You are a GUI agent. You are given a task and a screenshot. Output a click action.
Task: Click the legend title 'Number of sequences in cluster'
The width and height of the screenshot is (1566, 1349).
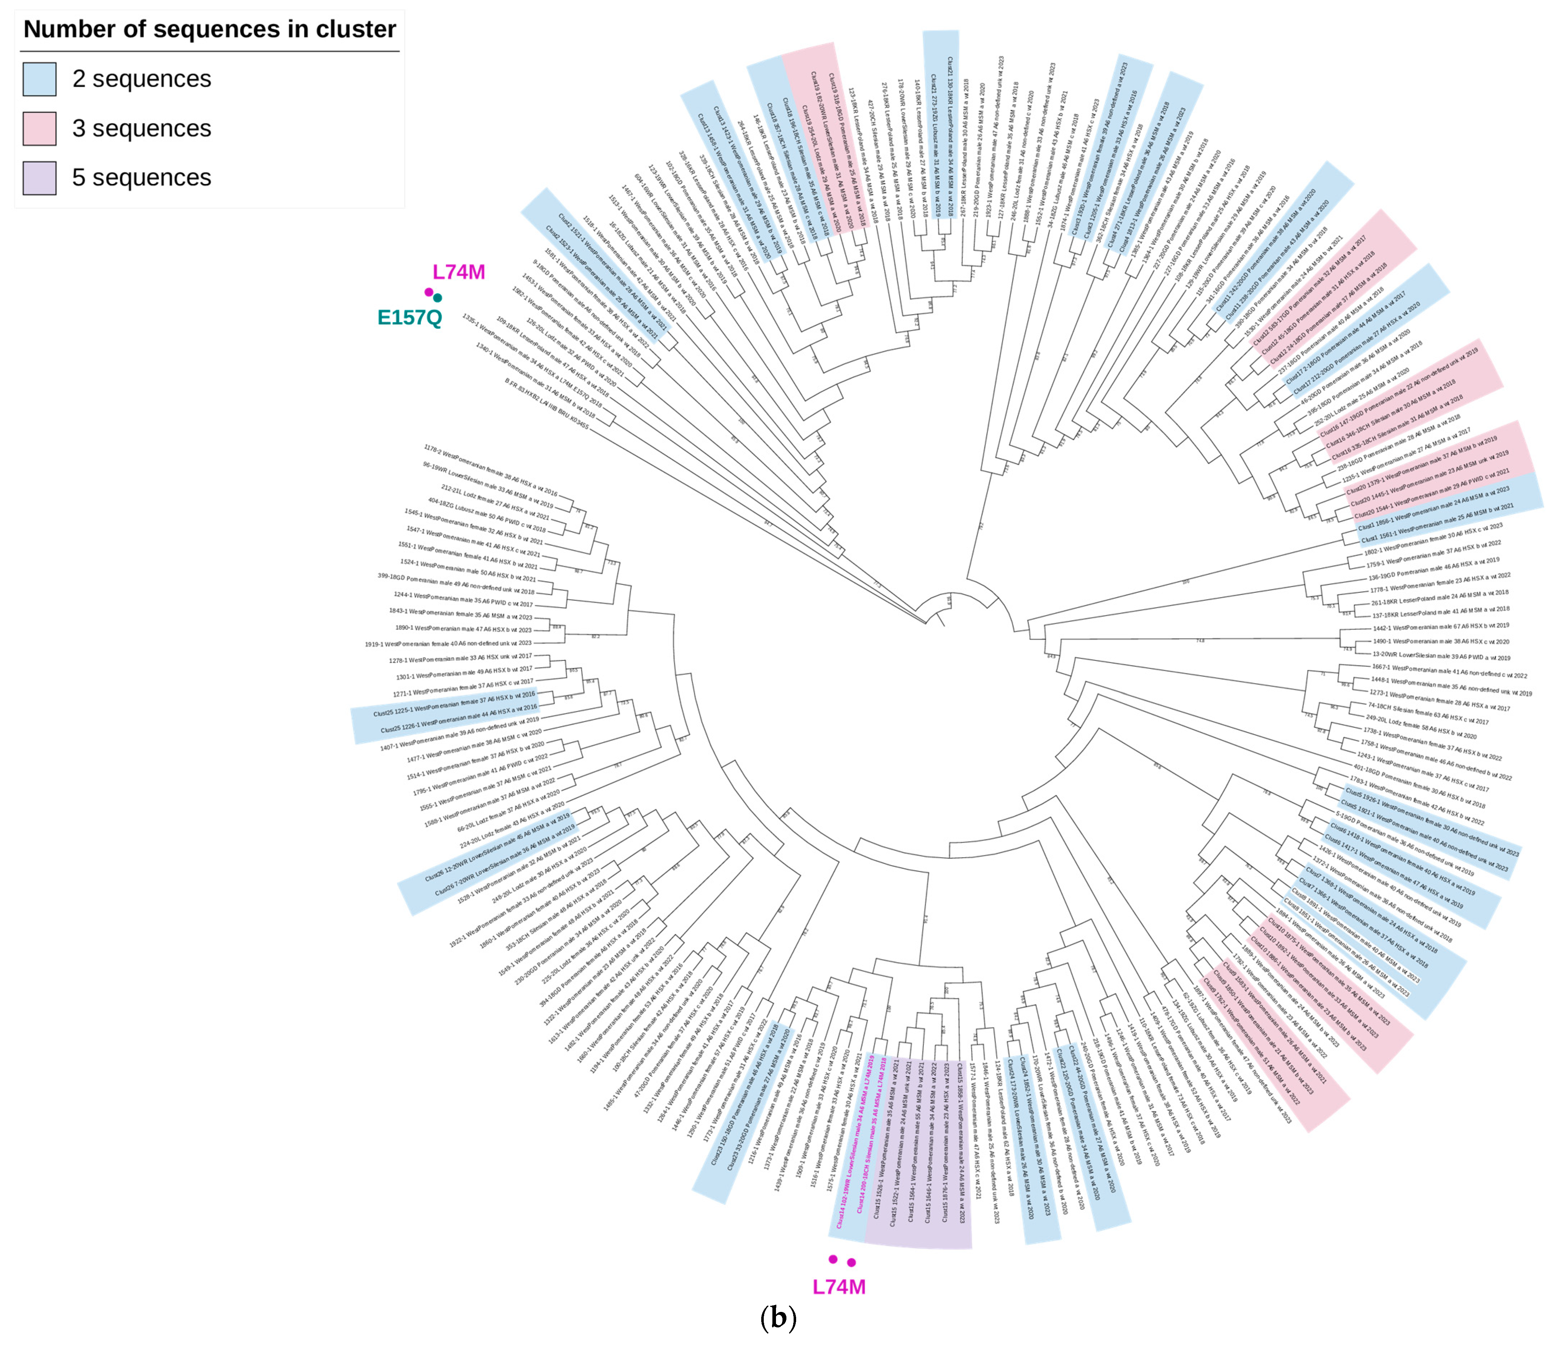coord(209,30)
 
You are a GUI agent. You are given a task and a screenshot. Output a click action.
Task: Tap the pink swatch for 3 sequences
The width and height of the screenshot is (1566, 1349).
coord(39,128)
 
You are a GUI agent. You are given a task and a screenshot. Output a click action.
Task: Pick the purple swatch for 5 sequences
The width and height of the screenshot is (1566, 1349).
coord(39,178)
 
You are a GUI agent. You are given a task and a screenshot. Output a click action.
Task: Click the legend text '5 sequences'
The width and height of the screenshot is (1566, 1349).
coord(141,178)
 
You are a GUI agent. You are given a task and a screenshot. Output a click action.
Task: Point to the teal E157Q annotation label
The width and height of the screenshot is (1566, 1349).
coord(410,317)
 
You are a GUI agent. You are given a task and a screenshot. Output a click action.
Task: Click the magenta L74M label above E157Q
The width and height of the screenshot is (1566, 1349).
coord(459,272)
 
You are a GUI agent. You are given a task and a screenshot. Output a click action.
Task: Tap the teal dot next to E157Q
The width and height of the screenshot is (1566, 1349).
coord(437,298)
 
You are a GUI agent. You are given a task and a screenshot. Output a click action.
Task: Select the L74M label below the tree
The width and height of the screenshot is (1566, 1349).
coord(839,1287)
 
